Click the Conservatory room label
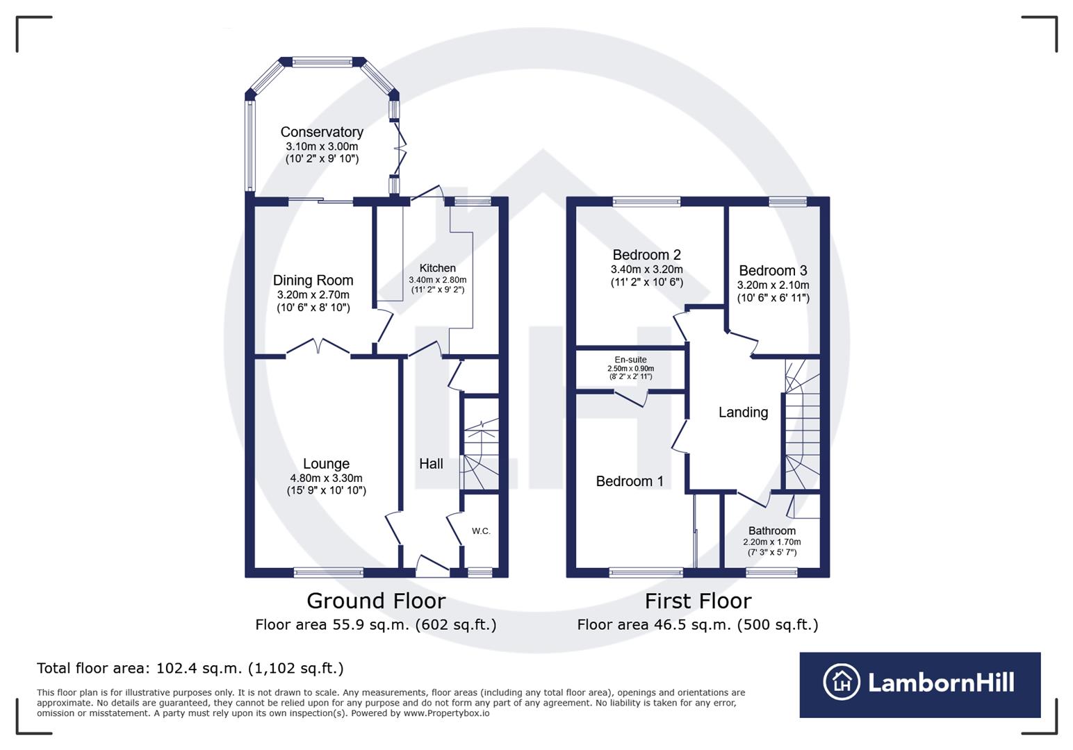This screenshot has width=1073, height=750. tap(322, 132)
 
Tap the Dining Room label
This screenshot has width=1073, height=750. tap(313, 280)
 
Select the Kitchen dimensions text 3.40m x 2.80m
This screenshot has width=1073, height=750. tap(437, 280)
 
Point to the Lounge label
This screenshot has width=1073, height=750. tap(326, 464)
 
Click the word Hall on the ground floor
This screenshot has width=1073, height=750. tap(431, 464)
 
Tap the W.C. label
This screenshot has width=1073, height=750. tap(481, 531)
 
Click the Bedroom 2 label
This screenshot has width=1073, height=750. tap(646, 255)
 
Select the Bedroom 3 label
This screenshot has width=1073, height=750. tap(773, 271)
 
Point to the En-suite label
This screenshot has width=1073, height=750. tap(631, 360)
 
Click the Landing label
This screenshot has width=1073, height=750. tap(743, 412)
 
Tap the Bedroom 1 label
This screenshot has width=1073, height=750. tap(630, 481)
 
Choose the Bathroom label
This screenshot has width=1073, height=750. tap(771, 531)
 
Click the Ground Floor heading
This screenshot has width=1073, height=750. tap(376, 601)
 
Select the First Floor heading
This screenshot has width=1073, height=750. tap(698, 601)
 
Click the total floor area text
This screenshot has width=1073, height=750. tap(190, 668)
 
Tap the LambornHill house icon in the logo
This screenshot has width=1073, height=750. tap(842, 682)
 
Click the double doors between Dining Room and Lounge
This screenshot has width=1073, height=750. tap(318, 347)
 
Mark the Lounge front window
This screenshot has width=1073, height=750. tap(329, 573)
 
